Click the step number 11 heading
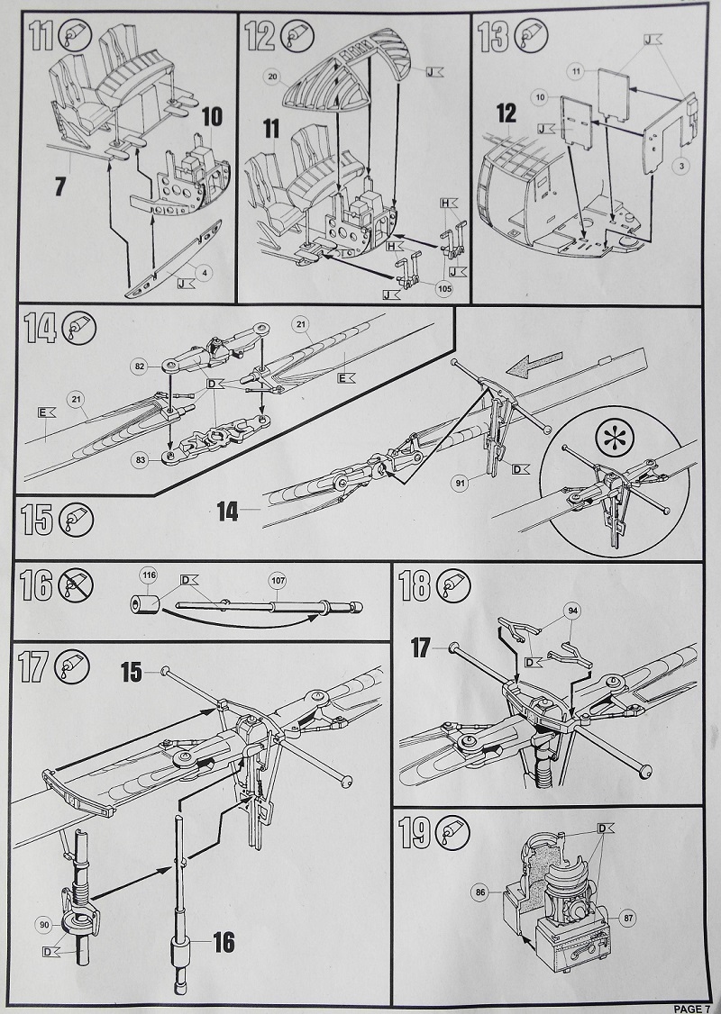[40, 39]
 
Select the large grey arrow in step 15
[531, 367]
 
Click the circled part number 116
[148, 575]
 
